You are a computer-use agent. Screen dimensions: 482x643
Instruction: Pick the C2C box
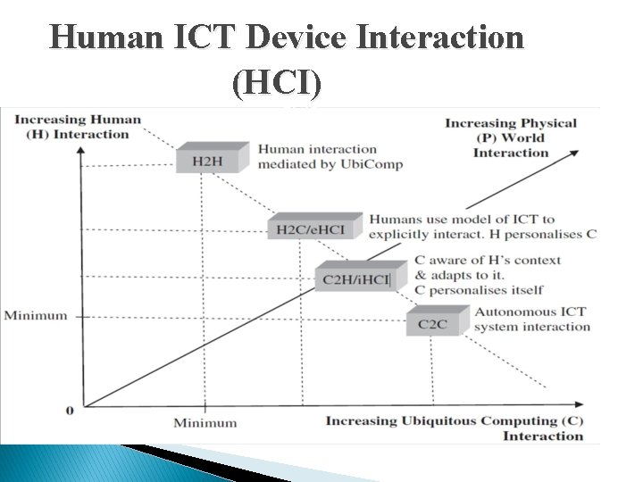tap(432, 324)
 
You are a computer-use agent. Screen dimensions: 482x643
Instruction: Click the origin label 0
tap(69, 410)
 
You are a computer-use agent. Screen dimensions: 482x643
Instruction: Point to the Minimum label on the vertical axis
tap(36, 315)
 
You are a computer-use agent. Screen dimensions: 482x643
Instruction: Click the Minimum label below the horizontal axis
tap(205, 422)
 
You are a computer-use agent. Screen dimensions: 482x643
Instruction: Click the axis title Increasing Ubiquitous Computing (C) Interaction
tap(455, 428)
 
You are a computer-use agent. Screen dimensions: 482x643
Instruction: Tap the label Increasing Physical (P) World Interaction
tap(511, 137)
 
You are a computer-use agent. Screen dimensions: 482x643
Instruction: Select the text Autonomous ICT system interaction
tap(532, 319)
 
